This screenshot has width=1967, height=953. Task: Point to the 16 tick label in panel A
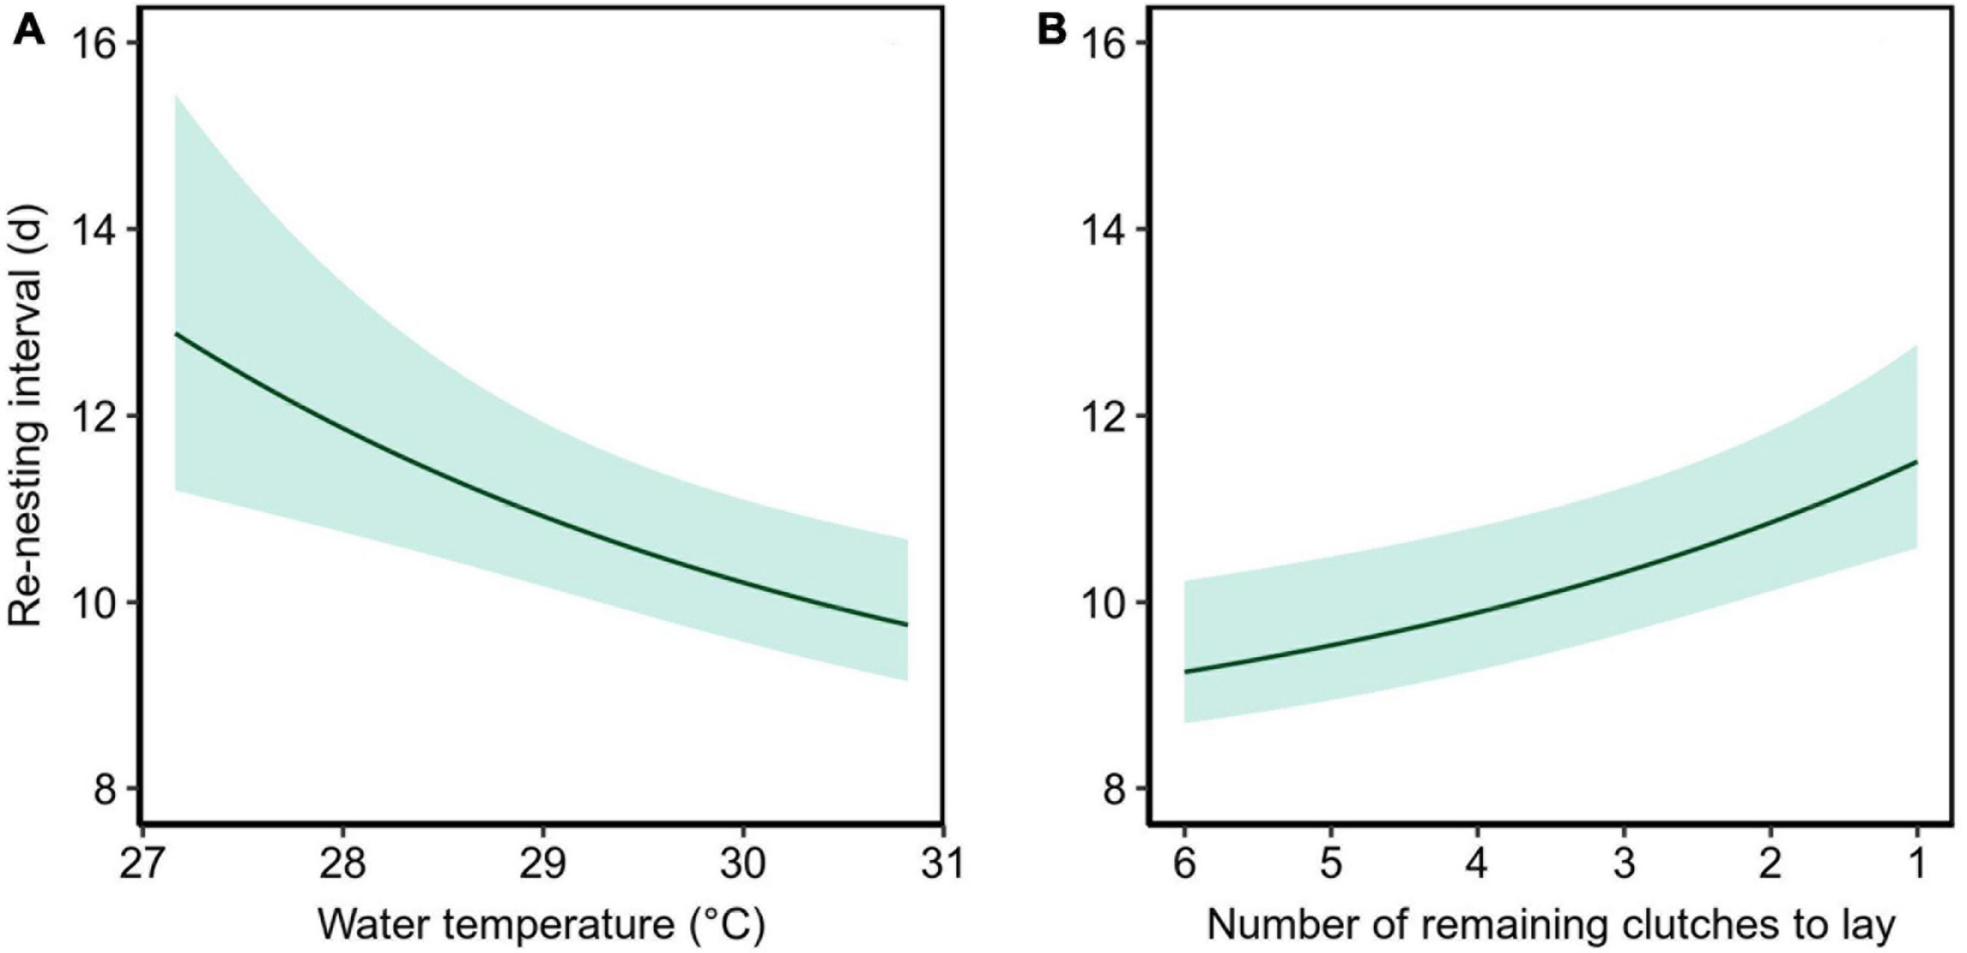94,43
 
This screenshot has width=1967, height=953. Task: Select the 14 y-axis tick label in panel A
94,229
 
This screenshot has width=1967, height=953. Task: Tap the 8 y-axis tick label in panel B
1113,789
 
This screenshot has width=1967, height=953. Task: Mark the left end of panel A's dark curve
175,334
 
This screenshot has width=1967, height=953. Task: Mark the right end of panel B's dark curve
1917,462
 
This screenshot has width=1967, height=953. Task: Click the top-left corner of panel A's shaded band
176,97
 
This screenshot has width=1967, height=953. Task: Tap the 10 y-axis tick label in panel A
94,602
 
